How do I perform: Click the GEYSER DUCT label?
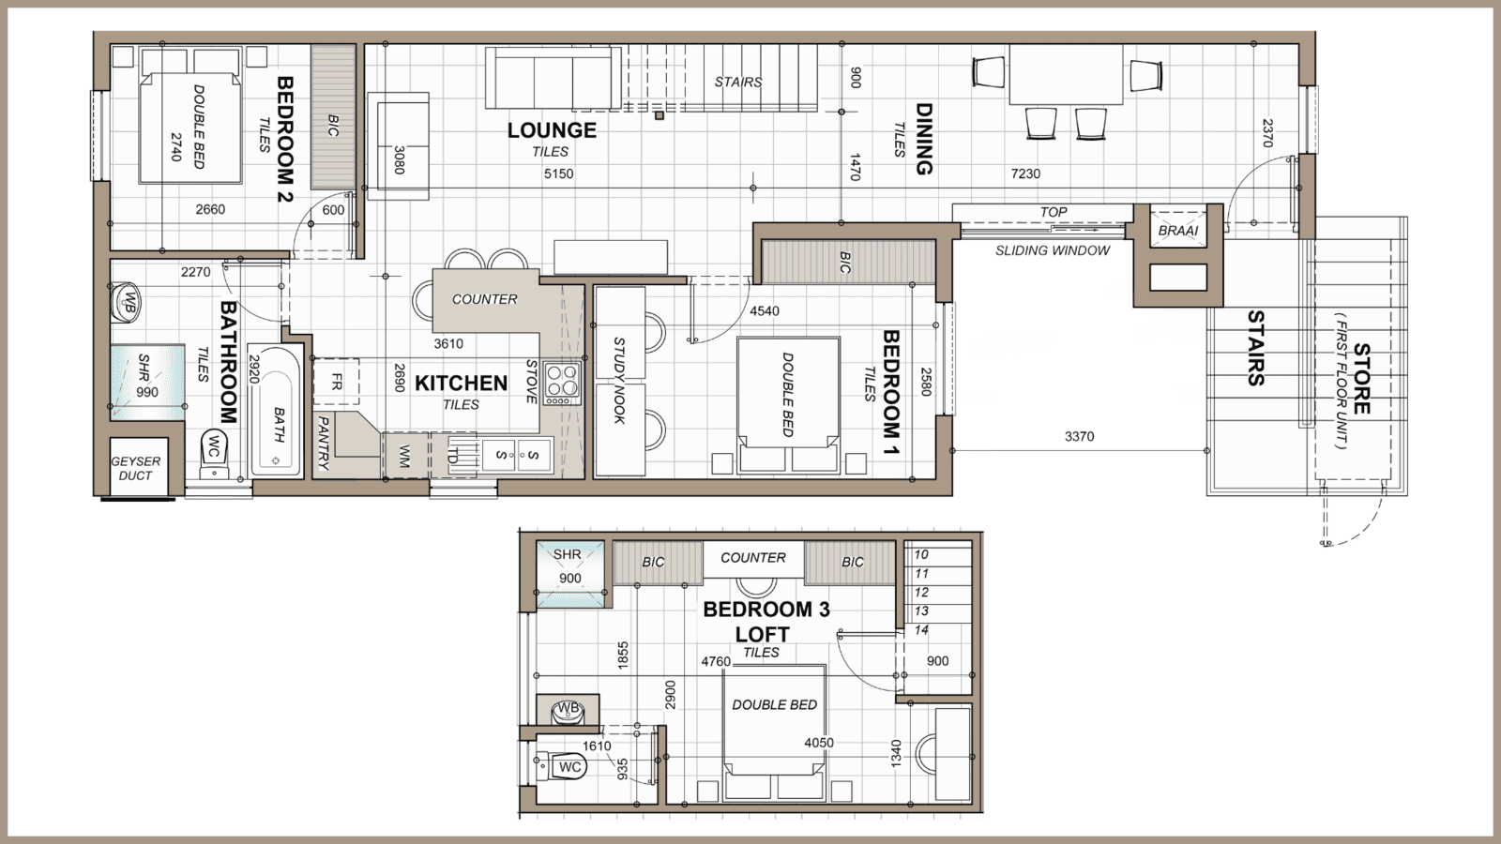136,468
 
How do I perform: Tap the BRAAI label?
1177,231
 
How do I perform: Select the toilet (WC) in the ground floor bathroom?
215,451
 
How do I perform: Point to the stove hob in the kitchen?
563,384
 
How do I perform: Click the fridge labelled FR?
336,383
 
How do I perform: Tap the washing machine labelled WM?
404,456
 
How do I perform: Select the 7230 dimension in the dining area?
1025,173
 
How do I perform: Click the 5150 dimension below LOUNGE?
558,173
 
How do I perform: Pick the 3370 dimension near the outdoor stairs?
1079,436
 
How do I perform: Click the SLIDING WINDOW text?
1053,250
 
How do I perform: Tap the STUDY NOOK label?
619,381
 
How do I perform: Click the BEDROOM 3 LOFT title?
766,622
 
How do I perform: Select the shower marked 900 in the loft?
568,569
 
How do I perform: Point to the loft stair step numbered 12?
921,592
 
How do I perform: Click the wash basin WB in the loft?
567,711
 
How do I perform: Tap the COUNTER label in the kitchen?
484,299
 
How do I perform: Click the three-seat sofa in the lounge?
551,79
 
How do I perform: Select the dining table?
1066,75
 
